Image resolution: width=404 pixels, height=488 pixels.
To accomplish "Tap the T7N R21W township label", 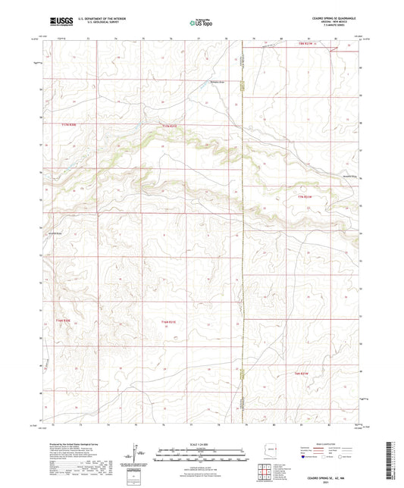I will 305,197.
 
